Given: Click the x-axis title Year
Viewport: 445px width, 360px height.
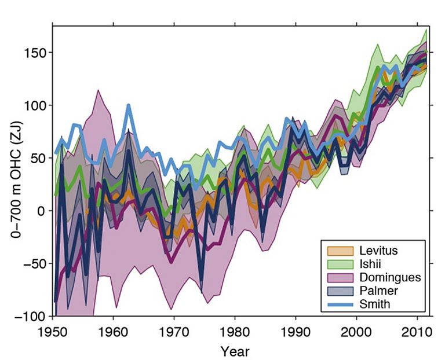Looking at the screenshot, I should [234, 351].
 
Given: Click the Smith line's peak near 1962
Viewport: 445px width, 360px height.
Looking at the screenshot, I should [129, 105].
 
